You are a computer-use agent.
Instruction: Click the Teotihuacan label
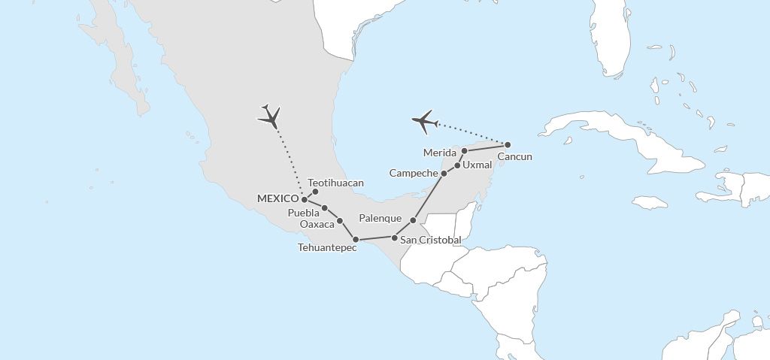tap(336, 183)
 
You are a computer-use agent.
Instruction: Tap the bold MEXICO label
tap(277, 198)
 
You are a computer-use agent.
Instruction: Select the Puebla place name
tap(305, 213)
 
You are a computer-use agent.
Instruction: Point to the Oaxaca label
tap(317, 224)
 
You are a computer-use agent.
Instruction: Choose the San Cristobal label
tap(431, 240)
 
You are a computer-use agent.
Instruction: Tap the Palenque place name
tap(380, 218)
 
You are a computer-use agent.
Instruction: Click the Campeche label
tap(414, 174)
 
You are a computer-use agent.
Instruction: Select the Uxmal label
tap(477, 165)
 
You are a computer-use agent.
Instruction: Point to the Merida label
tap(441, 153)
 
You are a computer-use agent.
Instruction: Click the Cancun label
tap(515, 156)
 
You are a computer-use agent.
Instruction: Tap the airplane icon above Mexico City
tap(269, 116)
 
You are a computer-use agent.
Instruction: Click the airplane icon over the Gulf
tap(425, 120)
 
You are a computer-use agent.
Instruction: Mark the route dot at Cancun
tap(508, 144)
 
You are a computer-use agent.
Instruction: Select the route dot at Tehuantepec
tap(356, 239)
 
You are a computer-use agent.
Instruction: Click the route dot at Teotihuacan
tap(315, 192)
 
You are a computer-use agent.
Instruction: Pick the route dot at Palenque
tap(413, 220)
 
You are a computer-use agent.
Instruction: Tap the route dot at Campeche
tap(444, 174)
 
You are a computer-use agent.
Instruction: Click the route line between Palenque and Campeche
tap(429, 196)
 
